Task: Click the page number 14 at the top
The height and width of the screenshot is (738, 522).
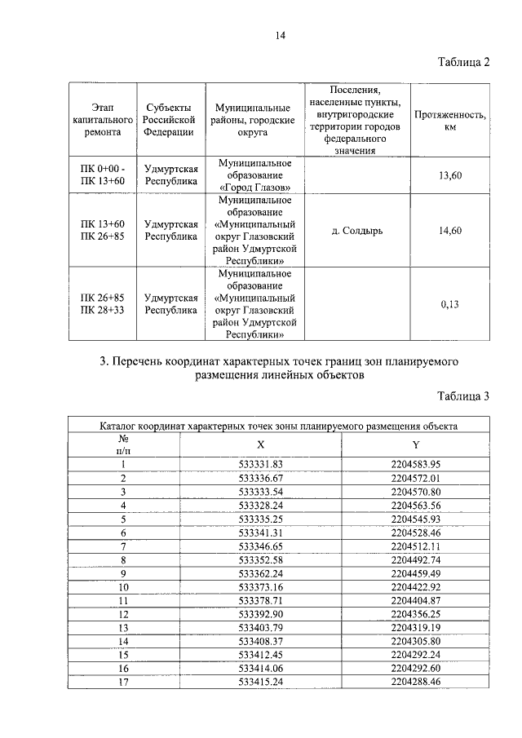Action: pyautogui.click(x=280, y=35)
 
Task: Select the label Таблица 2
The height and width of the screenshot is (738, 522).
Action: pyautogui.click(x=462, y=63)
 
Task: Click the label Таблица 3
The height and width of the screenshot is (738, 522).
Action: pyautogui.click(x=462, y=397)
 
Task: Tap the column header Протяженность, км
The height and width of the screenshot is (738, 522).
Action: pyautogui.click(x=450, y=122)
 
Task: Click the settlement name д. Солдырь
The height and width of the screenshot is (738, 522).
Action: pyautogui.click(x=356, y=231)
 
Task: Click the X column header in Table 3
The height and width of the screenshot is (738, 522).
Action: pyautogui.click(x=261, y=444)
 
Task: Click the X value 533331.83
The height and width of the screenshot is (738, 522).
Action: pyautogui.click(x=261, y=464)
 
